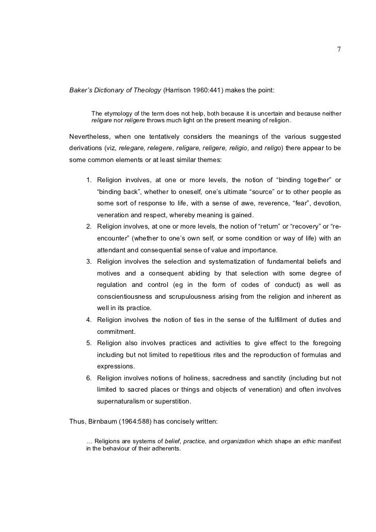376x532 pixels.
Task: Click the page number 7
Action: (339, 50)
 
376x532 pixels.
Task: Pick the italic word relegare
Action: (133, 149)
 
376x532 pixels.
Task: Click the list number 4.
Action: (89, 320)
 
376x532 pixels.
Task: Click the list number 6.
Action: (89, 378)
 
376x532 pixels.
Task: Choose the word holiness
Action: (193, 378)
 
